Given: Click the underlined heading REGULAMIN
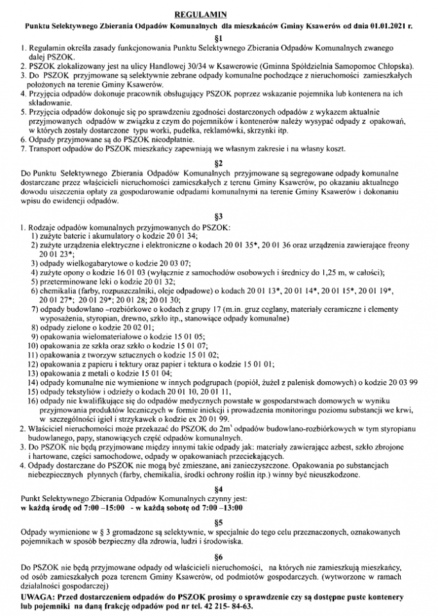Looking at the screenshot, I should click(219, 13).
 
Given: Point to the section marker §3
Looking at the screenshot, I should click(219, 216).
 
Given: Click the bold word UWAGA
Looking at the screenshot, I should click(38, 595).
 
